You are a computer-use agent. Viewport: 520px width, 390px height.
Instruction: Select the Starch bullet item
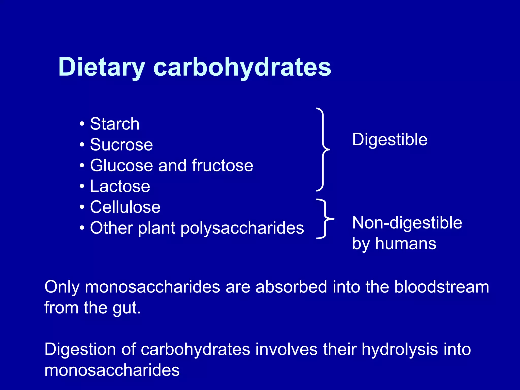[x=115, y=124]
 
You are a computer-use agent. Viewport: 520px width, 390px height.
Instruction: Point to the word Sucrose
[x=121, y=145]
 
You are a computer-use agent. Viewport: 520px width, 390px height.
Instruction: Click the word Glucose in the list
[x=121, y=166]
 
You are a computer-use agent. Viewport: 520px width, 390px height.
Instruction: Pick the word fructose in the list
[x=222, y=166]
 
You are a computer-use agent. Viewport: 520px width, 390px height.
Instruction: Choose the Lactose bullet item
[x=120, y=186]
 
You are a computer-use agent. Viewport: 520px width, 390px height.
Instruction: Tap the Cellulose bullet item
[x=125, y=207]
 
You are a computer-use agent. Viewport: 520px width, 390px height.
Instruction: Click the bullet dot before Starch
[x=82, y=124]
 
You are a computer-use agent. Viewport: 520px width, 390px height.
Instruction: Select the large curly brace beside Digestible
[x=323, y=149]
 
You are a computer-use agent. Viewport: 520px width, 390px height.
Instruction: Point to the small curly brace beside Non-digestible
[x=325, y=219]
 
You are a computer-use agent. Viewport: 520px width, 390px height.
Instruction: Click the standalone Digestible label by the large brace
[x=390, y=140]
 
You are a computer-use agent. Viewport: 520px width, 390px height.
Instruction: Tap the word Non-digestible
[x=407, y=223]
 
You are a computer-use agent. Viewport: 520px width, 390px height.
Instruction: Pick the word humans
[x=406, y=244]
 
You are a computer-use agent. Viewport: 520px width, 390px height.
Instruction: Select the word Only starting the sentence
[x=62, y=287]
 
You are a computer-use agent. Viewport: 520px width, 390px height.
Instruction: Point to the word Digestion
[x=80, y=349]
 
